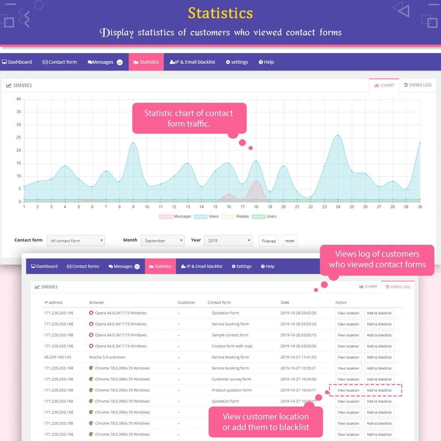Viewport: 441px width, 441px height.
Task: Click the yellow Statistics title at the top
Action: [x=220, y=13]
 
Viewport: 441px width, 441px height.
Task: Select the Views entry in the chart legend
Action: [x=208, y=217]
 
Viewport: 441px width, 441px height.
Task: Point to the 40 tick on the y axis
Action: [x=19, y=99]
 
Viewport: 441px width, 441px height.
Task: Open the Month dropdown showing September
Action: [x=162, y=241]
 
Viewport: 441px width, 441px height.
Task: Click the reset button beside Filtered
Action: [x=289, y=241]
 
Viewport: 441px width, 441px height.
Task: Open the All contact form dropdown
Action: [x=75, y=241]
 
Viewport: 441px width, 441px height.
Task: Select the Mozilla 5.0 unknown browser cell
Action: [x=107, y=357]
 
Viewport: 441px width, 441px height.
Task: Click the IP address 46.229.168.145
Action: [x=57, y=357]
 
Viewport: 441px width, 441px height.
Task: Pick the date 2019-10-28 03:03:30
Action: [x=298, y=313]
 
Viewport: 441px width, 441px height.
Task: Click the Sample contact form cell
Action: [x=230, y=335]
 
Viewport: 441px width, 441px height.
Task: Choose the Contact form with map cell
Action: [x=232, y=346]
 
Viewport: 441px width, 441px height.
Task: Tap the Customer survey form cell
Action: [x=231, y=379]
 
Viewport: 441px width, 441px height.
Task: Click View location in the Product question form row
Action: [x=348, y=390]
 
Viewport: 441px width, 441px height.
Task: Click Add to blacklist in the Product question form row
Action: [x=379, y=390]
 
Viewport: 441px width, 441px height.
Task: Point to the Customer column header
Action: [x=186, y=303]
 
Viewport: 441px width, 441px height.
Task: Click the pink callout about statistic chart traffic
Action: [x=189, y=118]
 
